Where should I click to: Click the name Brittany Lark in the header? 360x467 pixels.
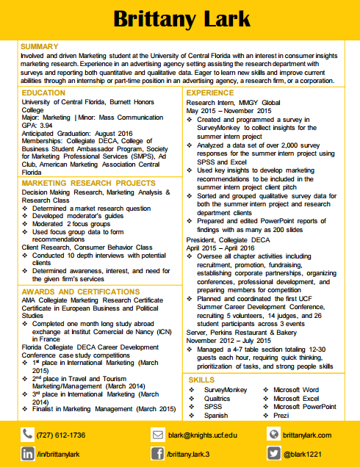[x=179, y=19]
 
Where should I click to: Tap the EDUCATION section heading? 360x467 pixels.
[x=43, y=93]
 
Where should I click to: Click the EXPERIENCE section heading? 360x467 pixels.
[x=210, y=93]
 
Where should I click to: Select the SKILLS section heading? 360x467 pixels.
[x=202, y=379]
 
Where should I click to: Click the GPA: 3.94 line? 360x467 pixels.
[x=37, y=126]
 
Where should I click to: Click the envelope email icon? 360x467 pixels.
[x=158, y=435]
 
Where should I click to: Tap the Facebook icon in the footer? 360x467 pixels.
[x=158, y=454]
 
